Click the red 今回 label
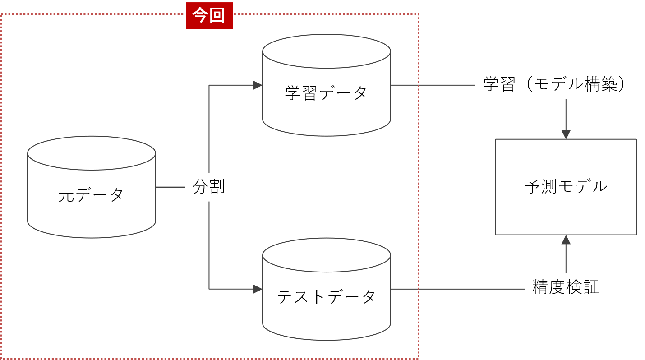point(209,16)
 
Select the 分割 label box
point(209,187)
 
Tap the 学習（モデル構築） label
point(559,84)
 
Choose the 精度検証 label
point(566,287)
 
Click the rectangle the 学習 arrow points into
point(566,187)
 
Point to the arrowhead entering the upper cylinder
point(258,85)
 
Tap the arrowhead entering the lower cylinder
point(258,289)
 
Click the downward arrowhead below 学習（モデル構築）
point(566,134)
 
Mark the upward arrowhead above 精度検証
point(566,240)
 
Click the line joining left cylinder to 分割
point(170,187)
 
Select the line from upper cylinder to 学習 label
point(433,85)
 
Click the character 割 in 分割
point(217,187)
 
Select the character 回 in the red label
point(217,16)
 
